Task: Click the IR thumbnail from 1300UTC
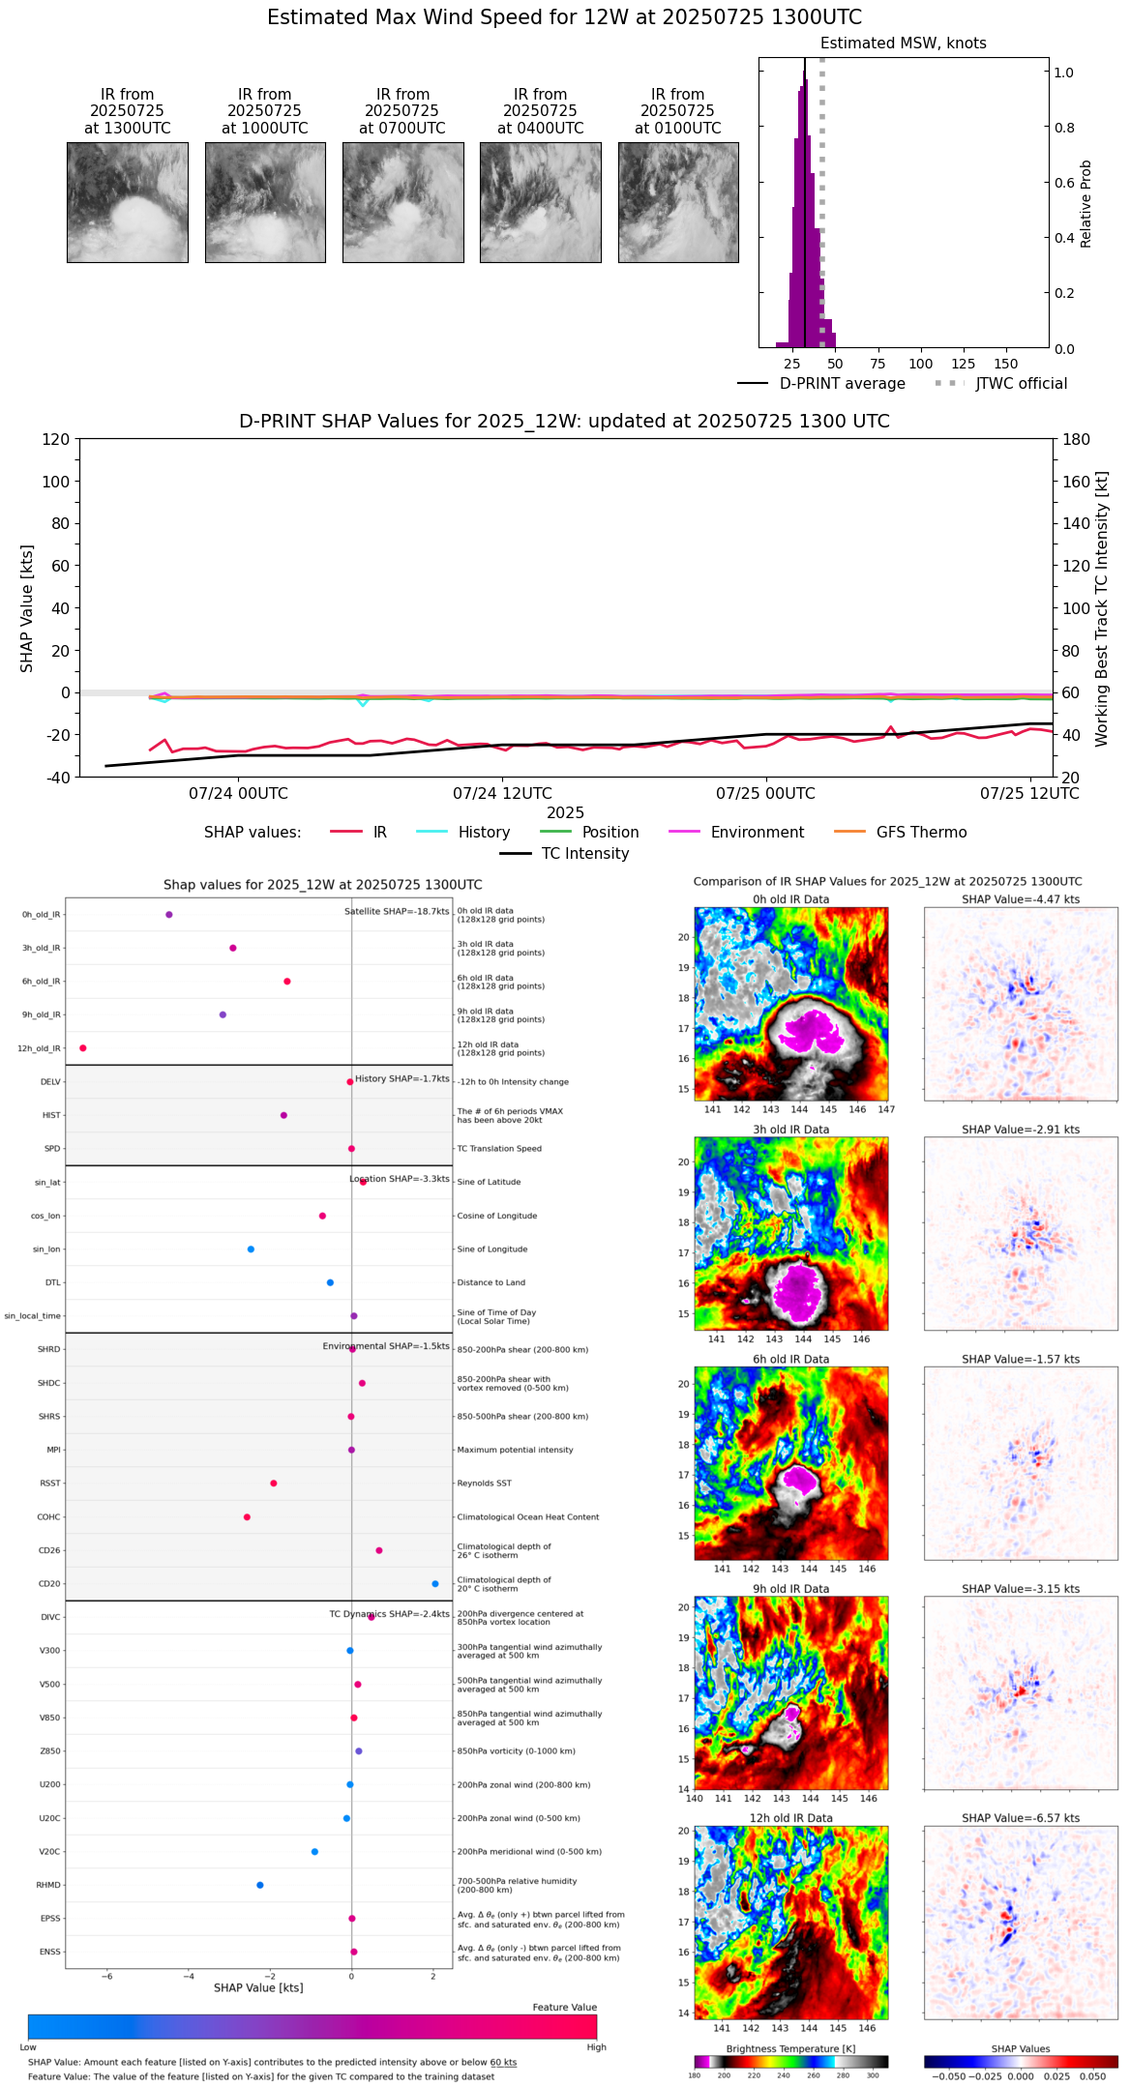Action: point(128,202)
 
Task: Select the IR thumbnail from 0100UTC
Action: point(678,202)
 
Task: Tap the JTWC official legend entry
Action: point(1021,384)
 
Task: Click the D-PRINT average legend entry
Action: point(842,384)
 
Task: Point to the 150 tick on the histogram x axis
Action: point(1006,364)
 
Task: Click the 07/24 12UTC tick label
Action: point(502,794)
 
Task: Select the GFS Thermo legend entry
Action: point(921,833)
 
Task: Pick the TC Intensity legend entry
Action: point(584,854)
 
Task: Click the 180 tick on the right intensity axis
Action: point(1077,439)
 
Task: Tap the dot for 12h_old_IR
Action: point(83,1048)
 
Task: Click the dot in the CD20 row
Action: point(435,1584)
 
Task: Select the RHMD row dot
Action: point(260,1885)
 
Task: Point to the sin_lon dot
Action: point(251,1249)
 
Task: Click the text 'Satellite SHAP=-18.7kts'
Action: point(397,912)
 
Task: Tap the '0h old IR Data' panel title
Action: point(790,899)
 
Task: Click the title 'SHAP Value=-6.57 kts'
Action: point(1021,1818)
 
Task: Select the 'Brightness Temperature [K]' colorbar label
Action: point(790,2049)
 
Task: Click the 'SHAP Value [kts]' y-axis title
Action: point(27,608)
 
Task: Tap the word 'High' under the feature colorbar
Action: point(596,2047)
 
